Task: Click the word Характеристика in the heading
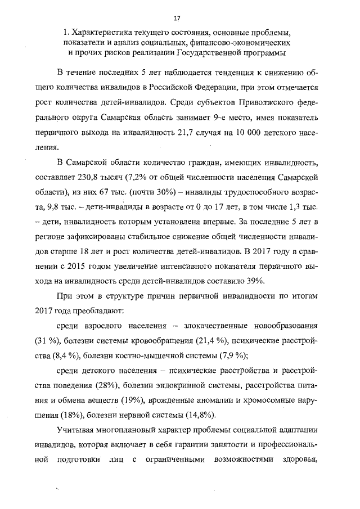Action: (101, 32)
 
